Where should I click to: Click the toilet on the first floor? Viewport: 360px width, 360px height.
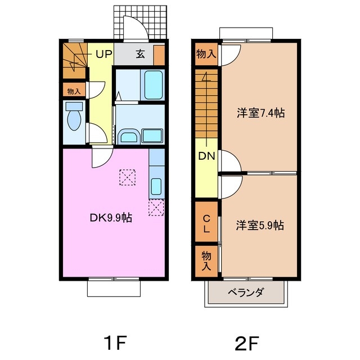[74, 116]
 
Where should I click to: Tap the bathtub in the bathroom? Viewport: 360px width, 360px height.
[154, 85]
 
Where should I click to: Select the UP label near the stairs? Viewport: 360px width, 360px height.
[103, 54]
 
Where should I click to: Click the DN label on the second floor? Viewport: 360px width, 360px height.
[206, 156]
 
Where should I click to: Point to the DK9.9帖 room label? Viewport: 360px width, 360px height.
[111, 218]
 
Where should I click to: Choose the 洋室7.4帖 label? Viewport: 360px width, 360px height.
[260, 113]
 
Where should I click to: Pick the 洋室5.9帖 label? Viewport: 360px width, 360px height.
[260, 226]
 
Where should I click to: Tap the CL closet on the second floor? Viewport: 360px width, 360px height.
[206, 222]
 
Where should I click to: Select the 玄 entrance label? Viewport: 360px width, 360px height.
[140, 54]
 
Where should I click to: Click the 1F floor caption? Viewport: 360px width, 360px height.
[115, 343]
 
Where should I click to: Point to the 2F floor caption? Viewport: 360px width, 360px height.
[247, 343]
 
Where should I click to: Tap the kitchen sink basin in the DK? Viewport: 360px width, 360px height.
[156, 186]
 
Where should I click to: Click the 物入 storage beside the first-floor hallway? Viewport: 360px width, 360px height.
[74, 90]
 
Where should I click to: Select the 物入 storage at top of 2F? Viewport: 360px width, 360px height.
[206, 54]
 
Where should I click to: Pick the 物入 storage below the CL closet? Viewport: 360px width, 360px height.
[206, 261]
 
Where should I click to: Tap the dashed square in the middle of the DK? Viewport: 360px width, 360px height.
[127, 177]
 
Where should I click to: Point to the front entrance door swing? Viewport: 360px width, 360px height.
[136, 28]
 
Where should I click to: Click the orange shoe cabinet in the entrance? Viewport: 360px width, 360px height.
[159, 55]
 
